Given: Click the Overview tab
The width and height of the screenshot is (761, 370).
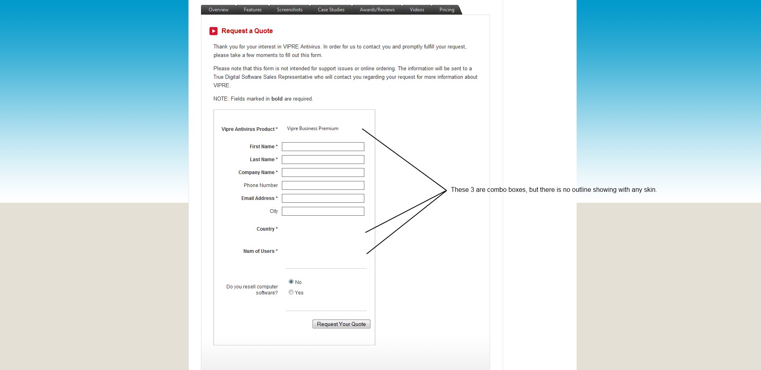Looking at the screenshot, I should pos(218,10).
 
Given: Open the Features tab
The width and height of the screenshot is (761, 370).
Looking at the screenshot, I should pos(252,10).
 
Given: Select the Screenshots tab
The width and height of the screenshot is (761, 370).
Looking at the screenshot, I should pos(290,10).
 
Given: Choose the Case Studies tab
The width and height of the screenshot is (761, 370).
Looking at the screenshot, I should pos(331,10).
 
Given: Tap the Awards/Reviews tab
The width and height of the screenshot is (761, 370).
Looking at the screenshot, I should pos(377,10).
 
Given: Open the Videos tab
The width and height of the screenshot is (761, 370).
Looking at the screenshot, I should pos(417,10).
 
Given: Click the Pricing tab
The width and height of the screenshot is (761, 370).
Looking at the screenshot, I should pos(447,10).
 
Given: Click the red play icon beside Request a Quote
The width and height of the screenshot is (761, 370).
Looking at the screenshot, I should pos(214,31).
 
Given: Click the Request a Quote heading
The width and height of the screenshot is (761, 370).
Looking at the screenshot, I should pos(247,31).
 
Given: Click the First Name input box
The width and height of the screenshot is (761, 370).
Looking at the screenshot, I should pos(323,147).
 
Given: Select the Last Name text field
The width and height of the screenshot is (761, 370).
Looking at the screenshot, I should pos(323,160).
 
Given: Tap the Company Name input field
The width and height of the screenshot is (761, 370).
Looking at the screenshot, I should pos(323,172).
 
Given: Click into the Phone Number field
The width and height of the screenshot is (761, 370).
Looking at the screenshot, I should pos(323,185).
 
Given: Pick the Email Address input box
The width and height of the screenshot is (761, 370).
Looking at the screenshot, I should pos(323,198).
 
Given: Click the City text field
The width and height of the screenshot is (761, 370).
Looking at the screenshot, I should pos(323,211).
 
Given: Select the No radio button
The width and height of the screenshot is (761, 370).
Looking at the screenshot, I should pos(291,282).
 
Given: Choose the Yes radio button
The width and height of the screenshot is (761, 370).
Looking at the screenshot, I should pos(291,292).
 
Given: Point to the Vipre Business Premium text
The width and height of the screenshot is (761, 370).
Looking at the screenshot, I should pos(313,128).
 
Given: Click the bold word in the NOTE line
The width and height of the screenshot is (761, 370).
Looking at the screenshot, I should pos(277,99).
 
